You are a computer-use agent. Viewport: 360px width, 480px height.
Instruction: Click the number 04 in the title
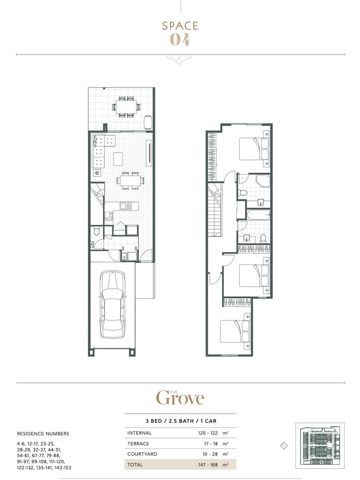[180, 40]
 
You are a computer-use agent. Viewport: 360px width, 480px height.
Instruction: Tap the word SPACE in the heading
[180, 26]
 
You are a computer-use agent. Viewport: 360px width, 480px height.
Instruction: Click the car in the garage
[113, 304]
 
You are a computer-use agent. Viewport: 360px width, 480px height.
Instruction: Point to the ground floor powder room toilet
[97, 232]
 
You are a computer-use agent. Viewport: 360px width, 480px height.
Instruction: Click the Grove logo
[180, 397]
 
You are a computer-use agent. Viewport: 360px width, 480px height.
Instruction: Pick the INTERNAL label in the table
[139, 433]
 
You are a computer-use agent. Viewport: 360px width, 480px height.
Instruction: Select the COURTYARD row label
[142, 454]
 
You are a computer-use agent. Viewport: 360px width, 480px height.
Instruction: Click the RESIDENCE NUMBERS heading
[43, 434]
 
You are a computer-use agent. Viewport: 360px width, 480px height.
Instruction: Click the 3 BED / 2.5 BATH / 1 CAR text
[180, 421]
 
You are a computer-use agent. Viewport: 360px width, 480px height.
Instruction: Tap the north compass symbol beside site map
[284, 446]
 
